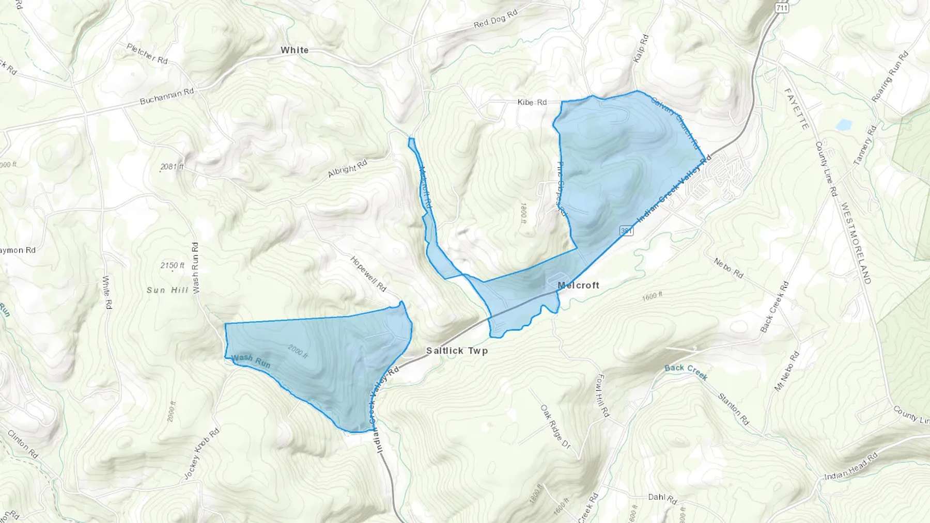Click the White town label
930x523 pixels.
click(295, 50)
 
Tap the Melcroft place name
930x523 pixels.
click(578, 285)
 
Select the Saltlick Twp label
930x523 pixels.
click(457, 351)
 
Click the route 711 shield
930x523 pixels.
click(782, 8)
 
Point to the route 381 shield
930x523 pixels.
click(626, 231)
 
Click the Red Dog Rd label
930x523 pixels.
click(495, 20)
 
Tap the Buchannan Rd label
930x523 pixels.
click(167, 96)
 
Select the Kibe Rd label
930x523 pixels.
click(532, 102)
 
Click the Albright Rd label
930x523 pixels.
click(347, 168)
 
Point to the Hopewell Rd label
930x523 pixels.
click(368, 273)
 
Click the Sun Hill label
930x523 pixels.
click(167, 290)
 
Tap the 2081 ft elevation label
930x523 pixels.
click(172, 167)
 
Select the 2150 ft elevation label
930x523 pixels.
click(172, 265)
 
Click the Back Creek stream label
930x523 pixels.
click(686, 371)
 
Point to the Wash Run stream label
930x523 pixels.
click(251, 360)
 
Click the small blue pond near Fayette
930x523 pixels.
click(843, 124)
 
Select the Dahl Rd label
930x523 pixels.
click(662, 498)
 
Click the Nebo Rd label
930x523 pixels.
click(729, 268)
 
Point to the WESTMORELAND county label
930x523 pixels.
click(856, 243)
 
